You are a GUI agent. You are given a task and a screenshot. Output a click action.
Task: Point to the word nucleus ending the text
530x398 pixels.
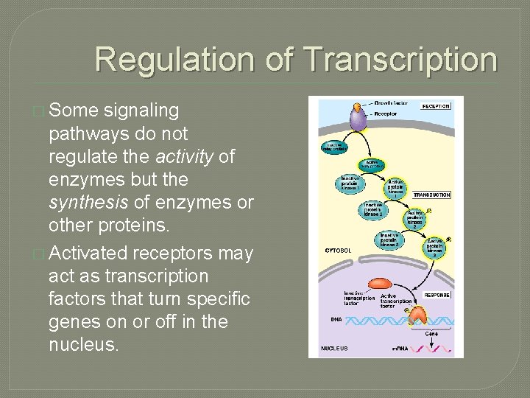(x=82, y=344)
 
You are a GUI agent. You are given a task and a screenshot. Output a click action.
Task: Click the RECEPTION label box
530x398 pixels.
(x=435, y=106)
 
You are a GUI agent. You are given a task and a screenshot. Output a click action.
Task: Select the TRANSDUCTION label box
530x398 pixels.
(x=431, y=195)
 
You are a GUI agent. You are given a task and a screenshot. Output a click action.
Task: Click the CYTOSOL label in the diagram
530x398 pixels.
(x=339, y=251)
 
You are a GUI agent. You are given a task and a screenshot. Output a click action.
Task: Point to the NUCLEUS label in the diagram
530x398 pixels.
(x=336, y=347)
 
